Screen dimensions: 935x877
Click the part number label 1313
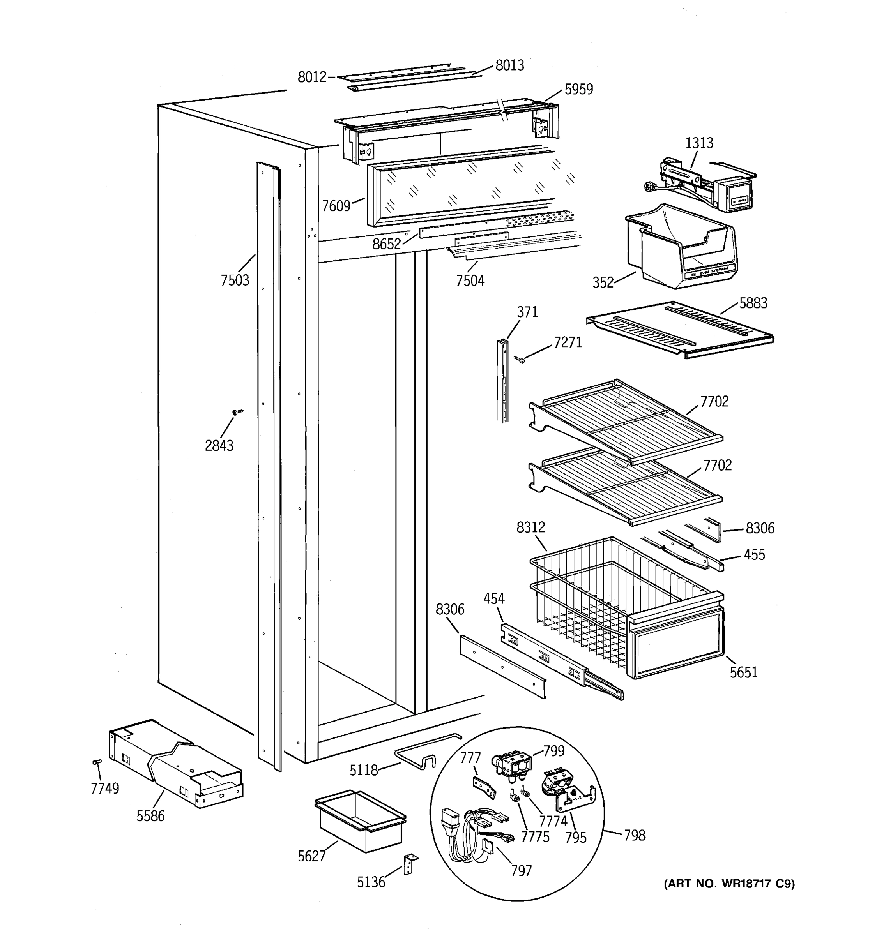699,143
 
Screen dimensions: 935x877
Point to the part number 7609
336,206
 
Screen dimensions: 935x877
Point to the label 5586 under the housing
150,816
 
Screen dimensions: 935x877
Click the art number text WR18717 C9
729,884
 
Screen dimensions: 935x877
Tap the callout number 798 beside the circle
634,835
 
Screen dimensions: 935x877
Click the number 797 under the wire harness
521,871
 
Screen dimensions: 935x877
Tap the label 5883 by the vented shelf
753,303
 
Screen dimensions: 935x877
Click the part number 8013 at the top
509,65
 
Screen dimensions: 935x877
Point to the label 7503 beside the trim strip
235,280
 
